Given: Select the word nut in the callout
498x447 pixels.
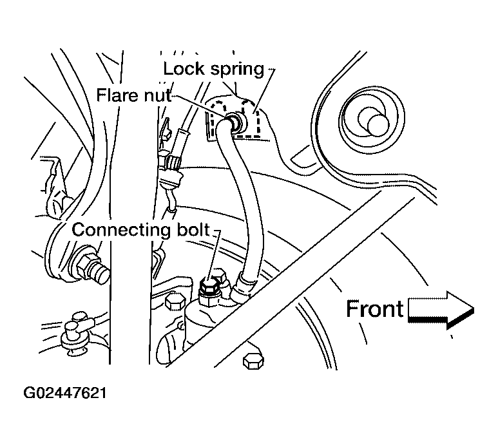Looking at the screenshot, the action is tap(158, 96).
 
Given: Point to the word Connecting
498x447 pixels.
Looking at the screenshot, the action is tap(121, 231).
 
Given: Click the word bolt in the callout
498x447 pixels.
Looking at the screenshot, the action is tap(193, 229).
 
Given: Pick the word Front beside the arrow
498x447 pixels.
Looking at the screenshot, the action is tap(375, 309).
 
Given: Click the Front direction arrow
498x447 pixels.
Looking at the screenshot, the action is tap(441, 310).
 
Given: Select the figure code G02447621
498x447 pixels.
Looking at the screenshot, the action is tap(65, 393).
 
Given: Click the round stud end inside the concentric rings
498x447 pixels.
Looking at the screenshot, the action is tap(378, 124).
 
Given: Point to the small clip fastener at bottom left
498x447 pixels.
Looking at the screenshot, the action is tap(75, 334).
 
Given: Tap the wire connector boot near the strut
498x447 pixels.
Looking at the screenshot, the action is tap(171, 171).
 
